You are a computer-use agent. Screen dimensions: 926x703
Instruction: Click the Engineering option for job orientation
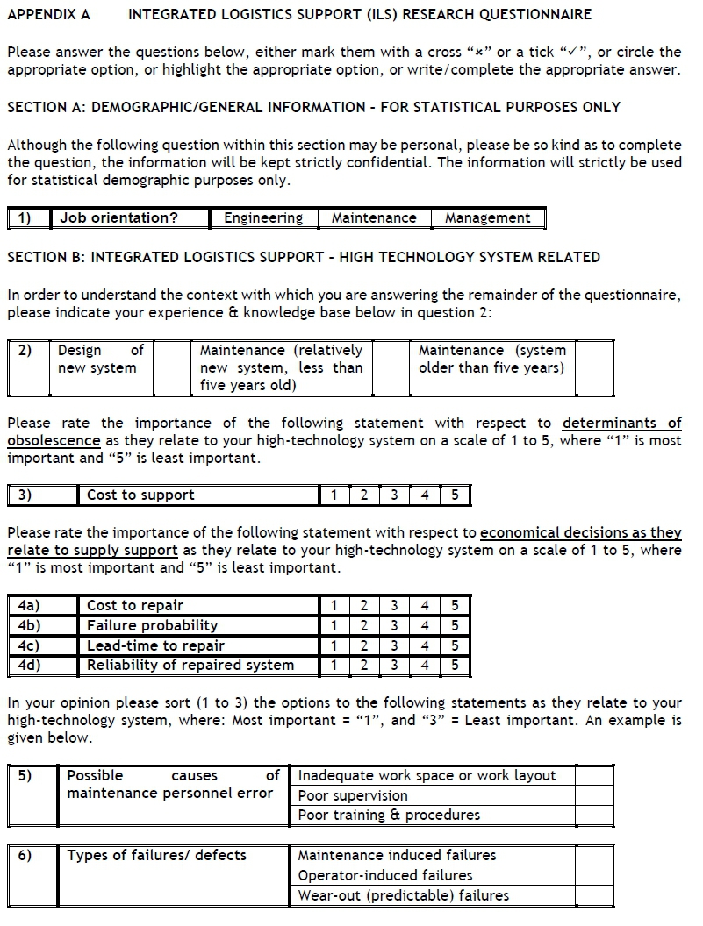[263, 218]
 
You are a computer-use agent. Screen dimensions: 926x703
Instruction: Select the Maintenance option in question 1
[374, 218]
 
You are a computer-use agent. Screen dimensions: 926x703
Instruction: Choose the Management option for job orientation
[487, 218]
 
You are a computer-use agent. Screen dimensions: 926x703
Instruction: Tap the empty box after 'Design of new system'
[171, 368]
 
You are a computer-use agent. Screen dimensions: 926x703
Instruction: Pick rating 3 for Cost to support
[394, 495]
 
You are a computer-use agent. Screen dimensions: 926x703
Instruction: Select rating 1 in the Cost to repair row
[334, 606]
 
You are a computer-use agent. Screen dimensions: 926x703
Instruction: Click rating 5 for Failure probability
[455, 625]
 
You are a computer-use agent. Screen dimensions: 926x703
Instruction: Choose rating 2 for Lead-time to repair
[363, 645]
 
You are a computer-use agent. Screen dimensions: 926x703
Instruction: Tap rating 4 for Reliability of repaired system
[425, 665]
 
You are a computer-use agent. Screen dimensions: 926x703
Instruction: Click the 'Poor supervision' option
[353, 796]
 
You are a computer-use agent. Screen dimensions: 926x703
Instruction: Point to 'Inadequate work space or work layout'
[427, 776]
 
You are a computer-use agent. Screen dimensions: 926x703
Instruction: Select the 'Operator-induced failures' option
[385, 875]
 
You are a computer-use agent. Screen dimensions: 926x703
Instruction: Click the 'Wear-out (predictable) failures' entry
[403, 895]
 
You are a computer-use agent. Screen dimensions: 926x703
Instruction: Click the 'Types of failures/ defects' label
[157, 855]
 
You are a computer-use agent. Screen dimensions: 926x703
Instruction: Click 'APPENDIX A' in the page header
[48, 15]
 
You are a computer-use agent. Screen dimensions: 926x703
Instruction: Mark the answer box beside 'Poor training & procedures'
[594, 816]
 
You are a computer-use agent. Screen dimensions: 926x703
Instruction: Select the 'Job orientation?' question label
[119, 218]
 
